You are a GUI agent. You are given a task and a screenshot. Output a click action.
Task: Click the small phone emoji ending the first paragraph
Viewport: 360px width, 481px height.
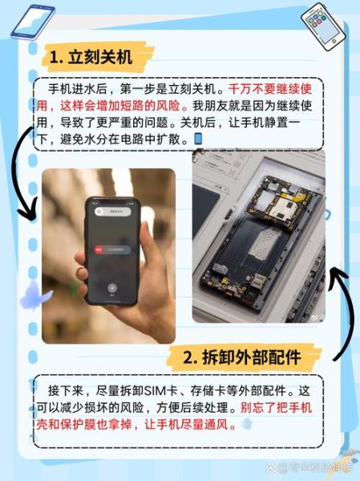[x=198, y=139]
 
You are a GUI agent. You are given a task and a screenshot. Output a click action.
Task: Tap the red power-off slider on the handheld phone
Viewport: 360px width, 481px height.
[x=99, y=251]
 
